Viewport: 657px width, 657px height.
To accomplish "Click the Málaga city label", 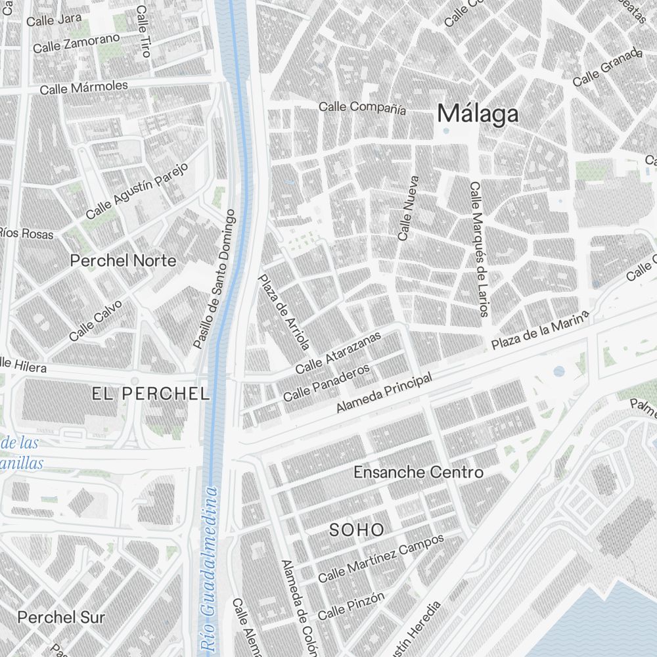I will click(478, 114).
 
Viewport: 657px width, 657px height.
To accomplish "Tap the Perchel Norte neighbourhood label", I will click(124, 261).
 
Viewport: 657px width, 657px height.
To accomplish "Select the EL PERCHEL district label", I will click(150, 394).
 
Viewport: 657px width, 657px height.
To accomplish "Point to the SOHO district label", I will click(357, 530).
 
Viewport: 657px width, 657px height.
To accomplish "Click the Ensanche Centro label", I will click(419, 472).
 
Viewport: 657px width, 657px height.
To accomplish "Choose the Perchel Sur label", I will click(61, 618).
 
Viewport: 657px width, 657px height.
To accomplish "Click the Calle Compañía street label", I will click(362, 108).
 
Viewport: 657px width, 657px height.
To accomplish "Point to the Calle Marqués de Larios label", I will click(478, 249).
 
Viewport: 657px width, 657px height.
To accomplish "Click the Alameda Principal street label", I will click(384, 393).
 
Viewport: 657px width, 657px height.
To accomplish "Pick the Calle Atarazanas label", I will click(338, 353).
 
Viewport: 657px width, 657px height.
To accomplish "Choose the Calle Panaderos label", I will click(327, 384).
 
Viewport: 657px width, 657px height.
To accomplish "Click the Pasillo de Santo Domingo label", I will click(214, 279).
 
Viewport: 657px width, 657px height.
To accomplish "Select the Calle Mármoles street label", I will click(83, 87).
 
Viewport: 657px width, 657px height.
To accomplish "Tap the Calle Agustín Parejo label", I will click(137, 191).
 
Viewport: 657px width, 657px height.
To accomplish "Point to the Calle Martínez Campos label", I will click(381, 558).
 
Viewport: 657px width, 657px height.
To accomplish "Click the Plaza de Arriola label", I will click(283, 312).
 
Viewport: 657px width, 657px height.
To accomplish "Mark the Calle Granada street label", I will click(606, 67).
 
